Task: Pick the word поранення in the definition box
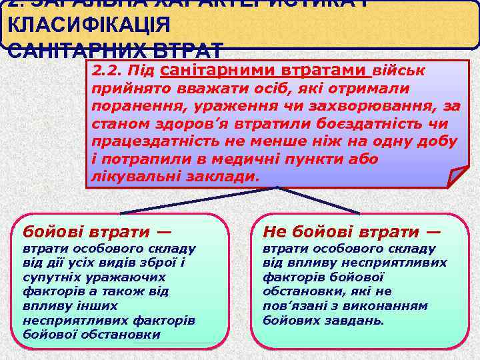point(127,107)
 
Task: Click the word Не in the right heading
point(274,232)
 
